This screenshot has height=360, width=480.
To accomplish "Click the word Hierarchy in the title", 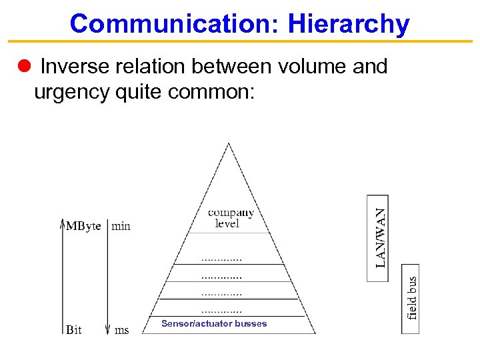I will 349,24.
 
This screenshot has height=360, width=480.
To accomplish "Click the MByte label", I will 84,226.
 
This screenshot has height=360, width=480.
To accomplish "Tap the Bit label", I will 74,329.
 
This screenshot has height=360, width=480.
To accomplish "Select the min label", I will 121,226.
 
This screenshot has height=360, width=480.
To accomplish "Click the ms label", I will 122,329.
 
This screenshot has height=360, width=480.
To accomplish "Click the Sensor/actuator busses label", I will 214,324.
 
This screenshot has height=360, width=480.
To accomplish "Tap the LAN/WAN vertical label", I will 379,237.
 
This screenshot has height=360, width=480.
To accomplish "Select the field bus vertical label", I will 412,298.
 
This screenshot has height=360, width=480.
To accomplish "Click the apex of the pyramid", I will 229,144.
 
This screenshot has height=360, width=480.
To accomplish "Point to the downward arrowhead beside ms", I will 107,329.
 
